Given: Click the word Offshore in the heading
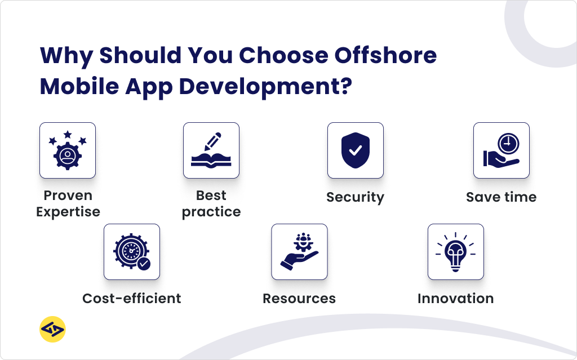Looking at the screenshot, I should tap(385, 56).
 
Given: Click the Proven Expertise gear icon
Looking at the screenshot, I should tap(68, 150).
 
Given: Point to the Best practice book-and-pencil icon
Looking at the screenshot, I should tap(211, 150).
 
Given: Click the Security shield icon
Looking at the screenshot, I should tap(356, 150).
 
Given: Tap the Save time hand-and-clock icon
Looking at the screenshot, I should tap(501, 150).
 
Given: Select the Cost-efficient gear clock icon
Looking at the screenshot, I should tap(132, 252).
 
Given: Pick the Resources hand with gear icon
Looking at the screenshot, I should tap(299, 252).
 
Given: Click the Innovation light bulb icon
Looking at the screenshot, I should tap(455, 252).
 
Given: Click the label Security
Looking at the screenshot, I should tap(355, 197).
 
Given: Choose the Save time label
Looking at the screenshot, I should tap(501, 197).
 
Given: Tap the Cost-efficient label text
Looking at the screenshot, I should tap(132, 299).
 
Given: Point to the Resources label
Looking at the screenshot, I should tap(299, 299).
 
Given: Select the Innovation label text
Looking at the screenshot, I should tap(455, 299).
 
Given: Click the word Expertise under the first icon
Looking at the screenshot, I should tap(68, 212).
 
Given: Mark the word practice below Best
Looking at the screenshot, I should tap(211, 212).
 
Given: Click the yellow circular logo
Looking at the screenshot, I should tap(52, 329).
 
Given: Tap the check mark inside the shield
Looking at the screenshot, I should tap(356, 150).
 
